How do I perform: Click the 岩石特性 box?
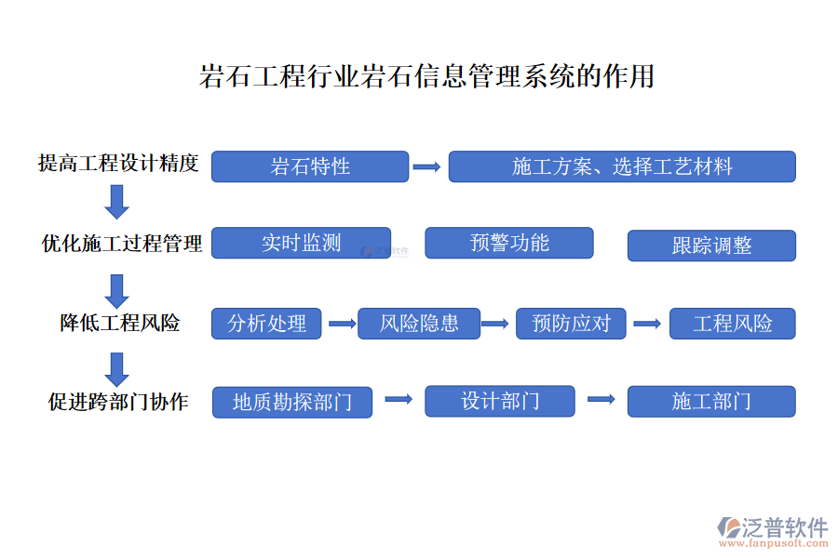[310, 166]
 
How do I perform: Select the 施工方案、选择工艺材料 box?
[622, 166]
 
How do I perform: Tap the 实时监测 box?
[301, 244]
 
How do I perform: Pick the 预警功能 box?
[509, 244]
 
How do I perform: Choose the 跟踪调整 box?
[711, 246]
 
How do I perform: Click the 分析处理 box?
[267, 324]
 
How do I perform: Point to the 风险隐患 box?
[419, 324]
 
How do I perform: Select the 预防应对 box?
[572, 324]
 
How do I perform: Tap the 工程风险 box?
[733, 324]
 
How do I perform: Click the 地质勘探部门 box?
[292, 402]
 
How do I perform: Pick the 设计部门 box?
[500, 401]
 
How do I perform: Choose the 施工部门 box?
[711, 402]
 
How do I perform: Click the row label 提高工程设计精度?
[118, 164]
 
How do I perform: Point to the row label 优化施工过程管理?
[122, 244]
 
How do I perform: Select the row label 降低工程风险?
[119, 324]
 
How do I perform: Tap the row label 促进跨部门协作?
[118, 402]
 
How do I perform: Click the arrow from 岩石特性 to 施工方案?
[426, 167]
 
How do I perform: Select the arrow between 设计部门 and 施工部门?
[601, 400]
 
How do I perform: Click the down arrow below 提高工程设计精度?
[116, 202]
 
